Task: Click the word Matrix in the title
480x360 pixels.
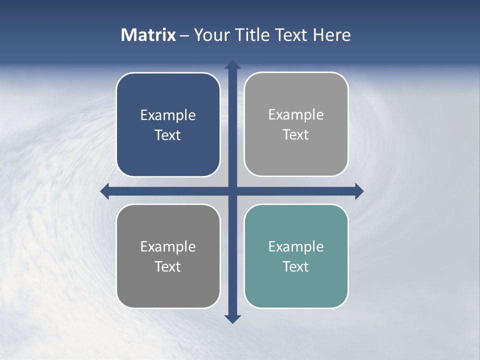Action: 148,35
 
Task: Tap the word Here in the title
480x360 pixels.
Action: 331,35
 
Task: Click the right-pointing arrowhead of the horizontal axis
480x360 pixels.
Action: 359,191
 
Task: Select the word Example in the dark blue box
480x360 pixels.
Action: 168,115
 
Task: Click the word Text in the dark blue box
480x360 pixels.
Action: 168,135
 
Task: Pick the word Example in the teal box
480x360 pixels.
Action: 296,246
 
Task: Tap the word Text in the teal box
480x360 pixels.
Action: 296,266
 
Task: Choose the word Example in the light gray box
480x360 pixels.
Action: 296,115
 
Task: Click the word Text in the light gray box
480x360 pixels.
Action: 296,135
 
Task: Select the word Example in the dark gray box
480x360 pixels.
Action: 168,246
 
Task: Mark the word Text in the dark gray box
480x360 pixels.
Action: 168,266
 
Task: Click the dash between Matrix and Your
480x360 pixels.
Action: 184,35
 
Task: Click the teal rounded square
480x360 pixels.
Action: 296,290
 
